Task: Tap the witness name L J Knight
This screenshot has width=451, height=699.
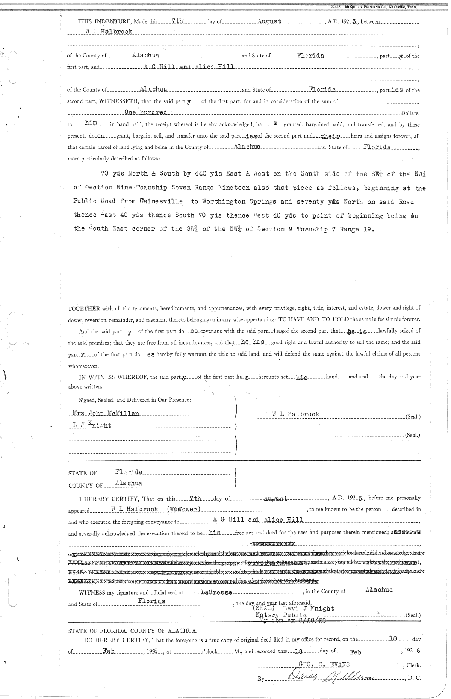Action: [x=92, y=426]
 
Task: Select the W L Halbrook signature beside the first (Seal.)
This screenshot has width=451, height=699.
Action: [x=296, y=414]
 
